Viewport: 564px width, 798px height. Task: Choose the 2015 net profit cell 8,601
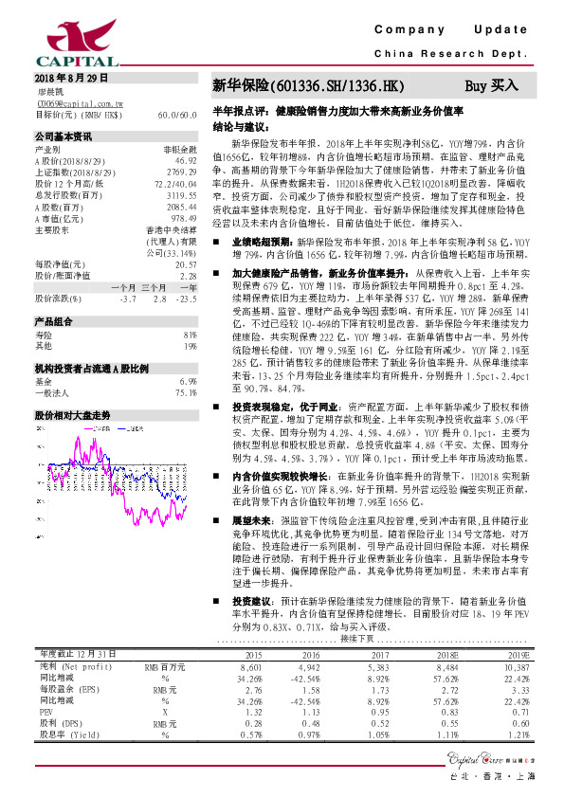(250, 719)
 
